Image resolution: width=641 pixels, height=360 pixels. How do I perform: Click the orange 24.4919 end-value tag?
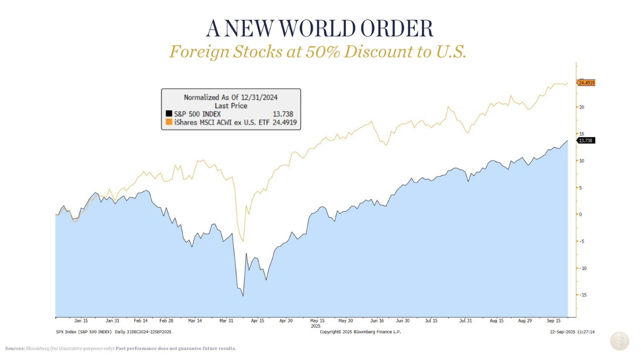pos(587,83)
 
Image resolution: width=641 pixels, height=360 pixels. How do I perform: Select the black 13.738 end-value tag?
pos(586,141)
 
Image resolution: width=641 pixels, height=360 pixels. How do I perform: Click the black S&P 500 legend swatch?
pos(169,114)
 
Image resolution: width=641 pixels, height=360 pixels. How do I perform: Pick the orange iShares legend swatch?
pos(169,122)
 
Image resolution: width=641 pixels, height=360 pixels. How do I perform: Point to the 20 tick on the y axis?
pos(582,107)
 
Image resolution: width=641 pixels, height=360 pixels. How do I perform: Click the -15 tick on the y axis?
pos(583,295)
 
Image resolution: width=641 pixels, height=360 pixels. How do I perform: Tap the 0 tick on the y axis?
pos(581,214)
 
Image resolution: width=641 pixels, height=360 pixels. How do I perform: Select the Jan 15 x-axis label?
pos(81,321)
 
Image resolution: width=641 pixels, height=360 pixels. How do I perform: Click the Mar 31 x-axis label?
pos(226,321)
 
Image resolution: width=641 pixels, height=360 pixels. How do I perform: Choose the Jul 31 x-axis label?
pos(466,321)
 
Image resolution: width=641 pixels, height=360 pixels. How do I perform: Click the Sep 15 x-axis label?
pos(554,321)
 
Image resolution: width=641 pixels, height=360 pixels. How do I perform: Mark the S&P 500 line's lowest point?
pos(243,296)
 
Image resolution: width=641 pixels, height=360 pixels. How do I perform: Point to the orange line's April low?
pos(243,241)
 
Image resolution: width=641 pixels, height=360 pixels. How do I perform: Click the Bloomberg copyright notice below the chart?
pos(360,332)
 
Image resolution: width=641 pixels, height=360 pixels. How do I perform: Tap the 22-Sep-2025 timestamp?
pos(572,332)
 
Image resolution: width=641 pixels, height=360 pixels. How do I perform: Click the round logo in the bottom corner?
pos(619,341)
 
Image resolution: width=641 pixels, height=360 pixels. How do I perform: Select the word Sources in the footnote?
pos(15,348)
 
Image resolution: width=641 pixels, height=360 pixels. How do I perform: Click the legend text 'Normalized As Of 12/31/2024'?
pos(231,97)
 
